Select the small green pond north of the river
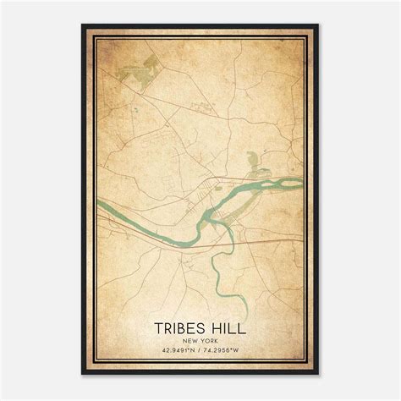point(250,158)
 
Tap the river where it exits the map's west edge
point(100,203)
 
